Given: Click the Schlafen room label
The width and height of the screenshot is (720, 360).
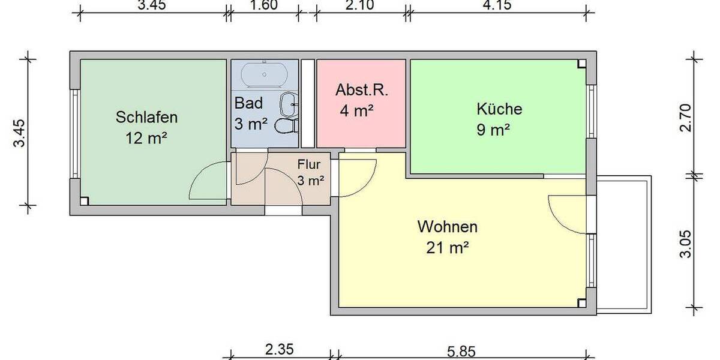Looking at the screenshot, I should coord(146,116).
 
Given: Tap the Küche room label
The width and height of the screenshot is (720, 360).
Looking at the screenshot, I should coord(499,109).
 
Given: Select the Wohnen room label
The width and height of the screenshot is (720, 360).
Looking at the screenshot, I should coord(448,227).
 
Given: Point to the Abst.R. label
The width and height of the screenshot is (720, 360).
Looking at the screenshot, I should coord(362,91).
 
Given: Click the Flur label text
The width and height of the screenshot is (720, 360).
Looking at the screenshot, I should coord(310,163).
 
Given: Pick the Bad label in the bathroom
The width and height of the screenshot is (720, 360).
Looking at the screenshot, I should coord(248,103).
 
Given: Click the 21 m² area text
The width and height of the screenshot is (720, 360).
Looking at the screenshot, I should coord(448,247).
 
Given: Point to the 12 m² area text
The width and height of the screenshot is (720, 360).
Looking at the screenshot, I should coord(146,138).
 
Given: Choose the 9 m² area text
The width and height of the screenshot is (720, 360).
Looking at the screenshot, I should coord(493,130).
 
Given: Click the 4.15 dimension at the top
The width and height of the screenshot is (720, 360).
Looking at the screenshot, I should coord(500,6).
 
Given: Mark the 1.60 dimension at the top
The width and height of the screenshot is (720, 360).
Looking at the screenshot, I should coord(263,6).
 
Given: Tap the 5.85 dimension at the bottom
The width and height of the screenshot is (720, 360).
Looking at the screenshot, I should coord(461,350).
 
